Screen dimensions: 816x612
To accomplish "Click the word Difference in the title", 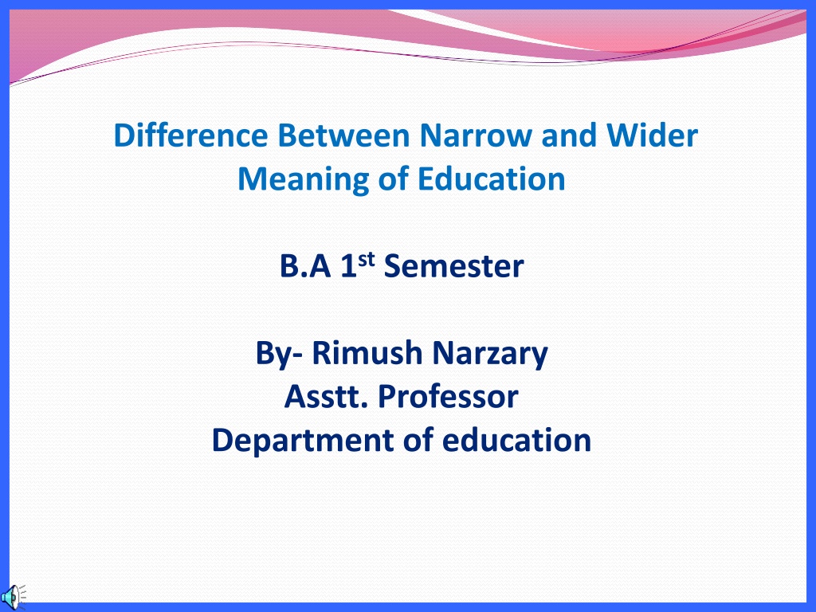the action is [190, 135].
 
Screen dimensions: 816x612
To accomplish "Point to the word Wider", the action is [652, 135].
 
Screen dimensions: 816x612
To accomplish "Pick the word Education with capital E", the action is [491, 178].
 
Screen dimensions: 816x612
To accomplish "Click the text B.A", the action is [305, 266].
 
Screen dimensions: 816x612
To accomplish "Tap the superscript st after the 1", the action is [367, 259].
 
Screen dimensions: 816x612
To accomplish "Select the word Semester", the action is [453, 266].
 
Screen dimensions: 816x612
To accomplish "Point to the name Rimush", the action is [367, 353].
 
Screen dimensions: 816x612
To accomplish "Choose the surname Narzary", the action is [490, 354].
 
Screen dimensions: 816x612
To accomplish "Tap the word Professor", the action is [448, 397].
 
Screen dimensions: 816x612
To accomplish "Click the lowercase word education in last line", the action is [516, 440].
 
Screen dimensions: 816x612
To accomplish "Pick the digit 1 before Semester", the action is [348, 266].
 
